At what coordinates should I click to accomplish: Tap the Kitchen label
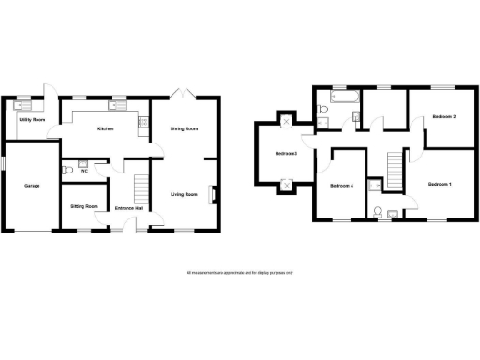point(104,128)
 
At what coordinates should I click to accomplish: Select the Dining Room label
point(184,128)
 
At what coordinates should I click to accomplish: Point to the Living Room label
point(184,194)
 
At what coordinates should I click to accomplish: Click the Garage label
point(32,186)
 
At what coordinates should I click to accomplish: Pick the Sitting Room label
point(84,206)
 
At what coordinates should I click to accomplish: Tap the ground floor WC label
point(83,171)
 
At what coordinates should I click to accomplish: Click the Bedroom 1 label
point(440,184)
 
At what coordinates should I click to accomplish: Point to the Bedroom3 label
point(286,153)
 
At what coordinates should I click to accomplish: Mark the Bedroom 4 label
point(341,186)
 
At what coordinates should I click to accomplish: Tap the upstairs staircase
point(397,172)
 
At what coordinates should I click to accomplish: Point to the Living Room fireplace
point(215,195)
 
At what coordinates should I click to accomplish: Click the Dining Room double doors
point(184,93)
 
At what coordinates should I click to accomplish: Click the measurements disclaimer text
point(239,272)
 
